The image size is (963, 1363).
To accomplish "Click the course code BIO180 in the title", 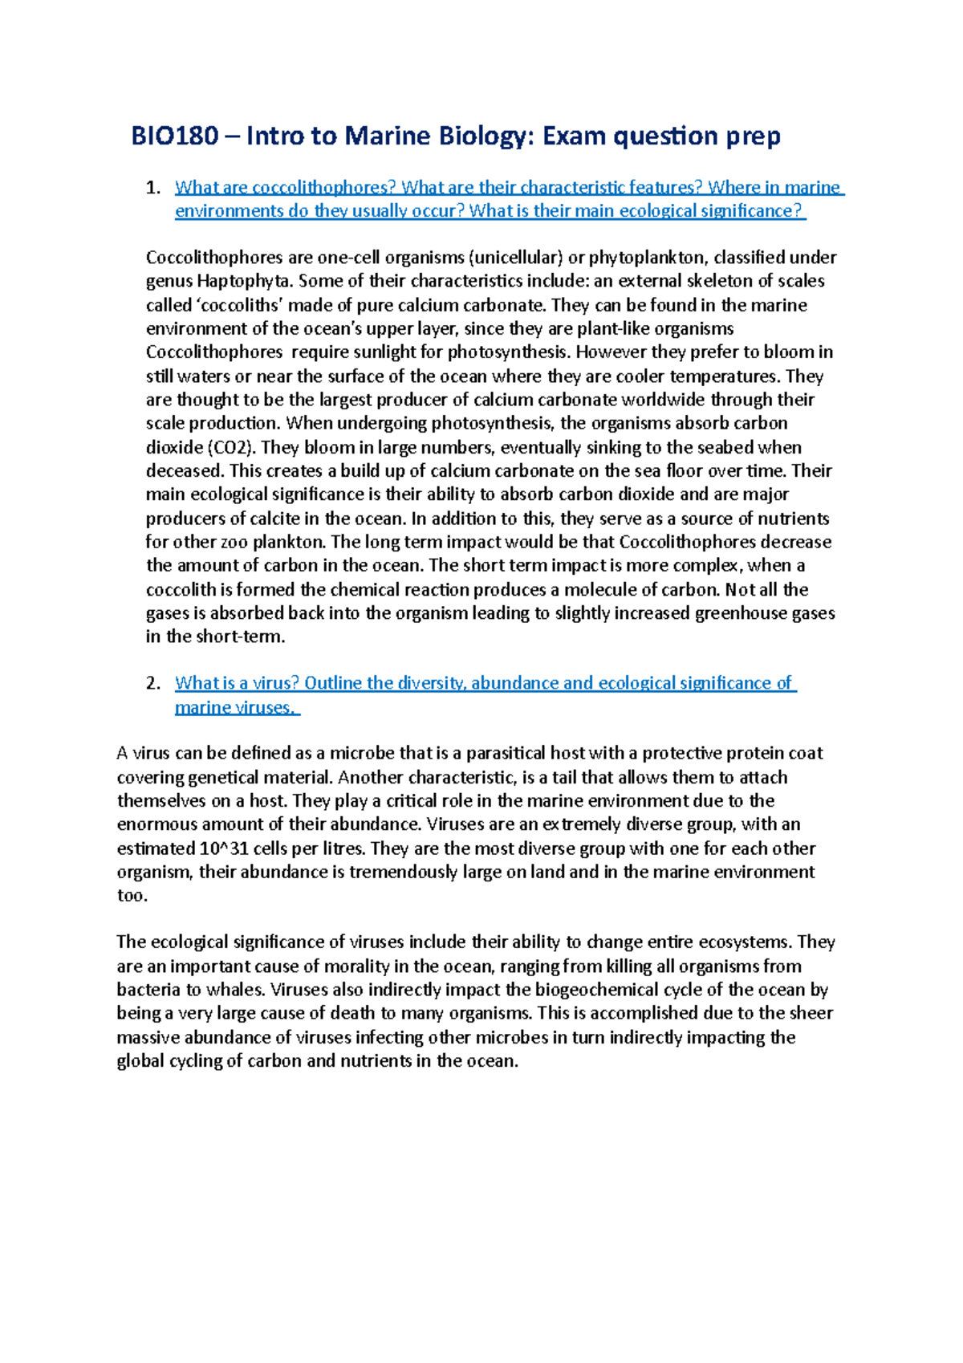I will click(x=174, y=136).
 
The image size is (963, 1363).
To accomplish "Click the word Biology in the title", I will click(x=485, y=136).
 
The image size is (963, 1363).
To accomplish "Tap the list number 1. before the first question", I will click(x=153, y=188).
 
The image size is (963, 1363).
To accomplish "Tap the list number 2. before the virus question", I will click(x=153, y=684).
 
